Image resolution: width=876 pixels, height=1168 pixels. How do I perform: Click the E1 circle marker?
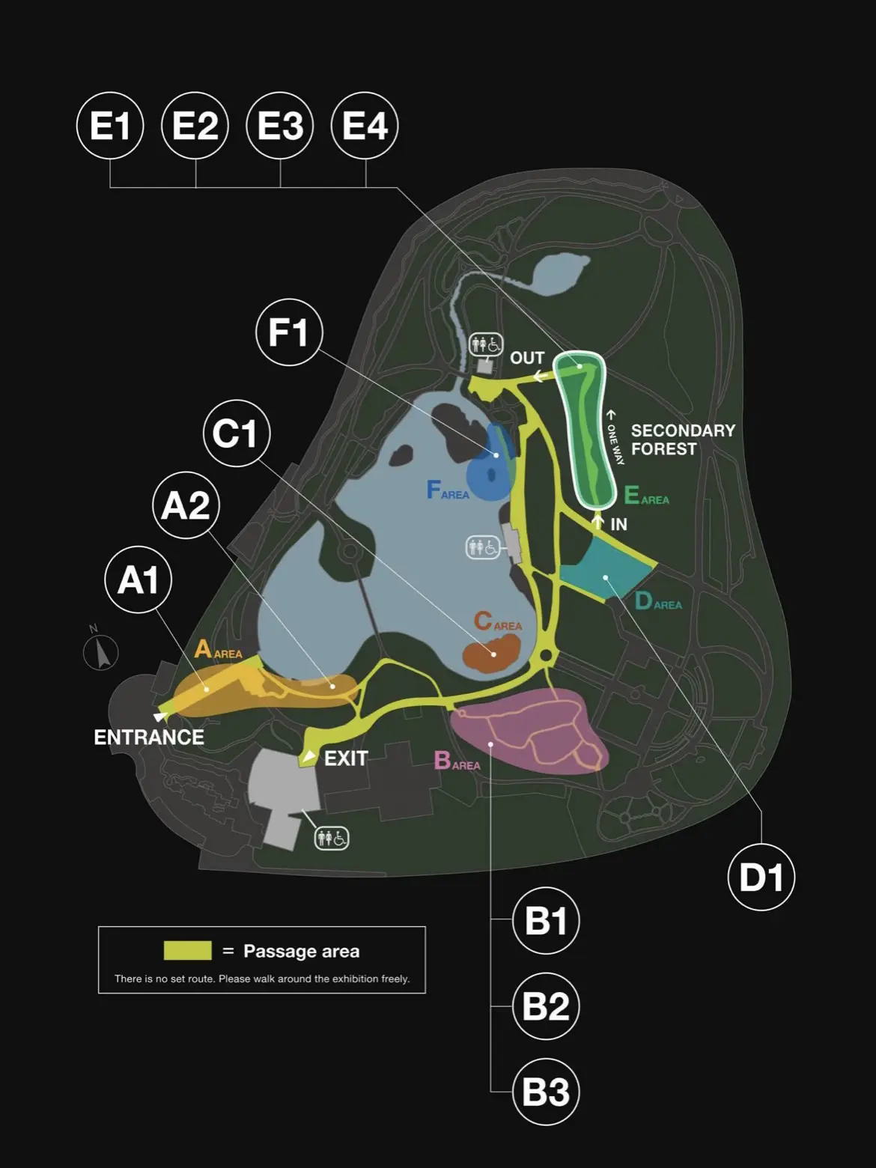coord(110,126)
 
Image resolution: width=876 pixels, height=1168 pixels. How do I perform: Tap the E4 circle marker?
coord(365,126)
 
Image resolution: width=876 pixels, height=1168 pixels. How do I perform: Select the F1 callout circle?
coord(289,332)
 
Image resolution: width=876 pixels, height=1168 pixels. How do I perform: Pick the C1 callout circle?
coord(237,434)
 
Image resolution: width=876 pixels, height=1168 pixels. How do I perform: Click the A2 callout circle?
coord(186,505)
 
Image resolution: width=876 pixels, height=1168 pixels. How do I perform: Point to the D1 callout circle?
coord(761,877)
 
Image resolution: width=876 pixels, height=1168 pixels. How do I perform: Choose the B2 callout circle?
coord(547,1006)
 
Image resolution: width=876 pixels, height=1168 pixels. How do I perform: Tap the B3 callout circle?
coord(547,1092)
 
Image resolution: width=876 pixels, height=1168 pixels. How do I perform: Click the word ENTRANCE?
coord(149,737)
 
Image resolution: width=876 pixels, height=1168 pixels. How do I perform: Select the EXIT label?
coord(346,758)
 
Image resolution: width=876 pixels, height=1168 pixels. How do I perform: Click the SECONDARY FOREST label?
coord(683,439)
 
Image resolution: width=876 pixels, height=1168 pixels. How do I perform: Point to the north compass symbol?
coord(101,650)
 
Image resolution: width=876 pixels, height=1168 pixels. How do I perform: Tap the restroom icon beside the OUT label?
coord(486,344)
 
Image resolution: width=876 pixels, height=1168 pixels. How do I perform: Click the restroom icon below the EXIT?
coord(332,839)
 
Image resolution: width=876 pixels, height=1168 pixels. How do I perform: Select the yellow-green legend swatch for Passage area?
coord(188,951)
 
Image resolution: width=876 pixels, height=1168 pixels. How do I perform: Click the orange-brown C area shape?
coord(490,654)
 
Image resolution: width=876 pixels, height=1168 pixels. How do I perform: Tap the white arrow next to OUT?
coord(540,377)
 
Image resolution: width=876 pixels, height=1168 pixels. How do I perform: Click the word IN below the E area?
coord(618,525)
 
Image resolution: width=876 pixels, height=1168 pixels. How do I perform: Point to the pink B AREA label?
coord(457,761)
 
